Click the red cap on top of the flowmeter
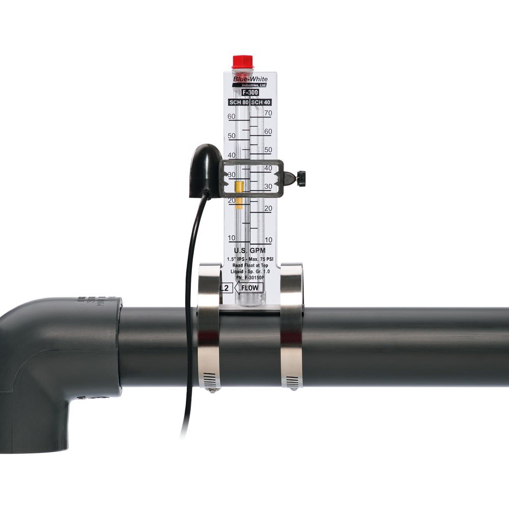(x=243, y=62)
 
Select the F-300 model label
(x=250, y=93)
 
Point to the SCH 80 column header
(x=239, y=102)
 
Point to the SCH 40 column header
(x=262, y=102)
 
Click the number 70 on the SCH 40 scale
(x=268, y=113)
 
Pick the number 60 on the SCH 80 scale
(x=232, y=117)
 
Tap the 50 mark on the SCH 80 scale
(x=232, y=136)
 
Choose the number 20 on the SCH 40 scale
(x=268, y=208)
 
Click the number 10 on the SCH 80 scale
(x=232, y=238)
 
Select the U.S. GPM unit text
(x=250, y=250)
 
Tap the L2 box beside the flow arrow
(x=225, y=288)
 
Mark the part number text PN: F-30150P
(x=250, y=278)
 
